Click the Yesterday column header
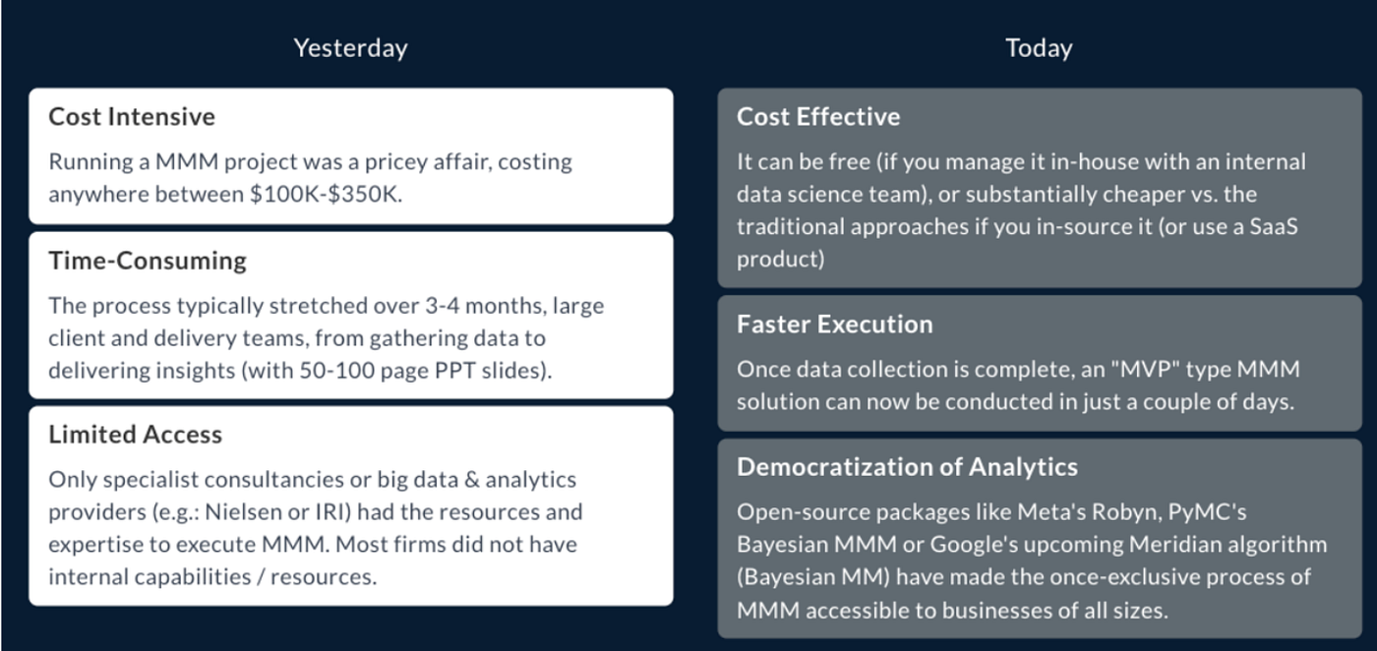(x=350, y=47)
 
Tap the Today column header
(x=1039, y=47)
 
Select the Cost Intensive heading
(x=132, y=116)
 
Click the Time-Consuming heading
(x=148, y=261)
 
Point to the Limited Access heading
(x=136, y=435)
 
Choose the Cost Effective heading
(x=818, y=116)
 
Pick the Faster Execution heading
(x=835, y=324)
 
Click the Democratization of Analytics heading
(x=907, y=467)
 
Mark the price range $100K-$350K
(x=324, y=194)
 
